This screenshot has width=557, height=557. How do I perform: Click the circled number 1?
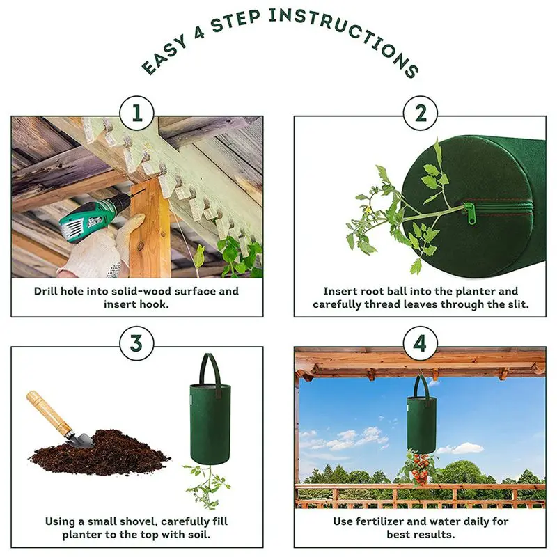136,113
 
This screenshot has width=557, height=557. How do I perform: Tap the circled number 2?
421,113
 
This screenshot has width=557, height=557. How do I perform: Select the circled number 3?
136,343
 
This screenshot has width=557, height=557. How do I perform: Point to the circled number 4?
421,343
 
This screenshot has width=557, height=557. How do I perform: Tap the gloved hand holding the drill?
103,249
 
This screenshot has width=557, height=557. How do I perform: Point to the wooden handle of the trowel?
49,411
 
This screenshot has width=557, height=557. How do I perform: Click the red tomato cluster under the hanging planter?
421,469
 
